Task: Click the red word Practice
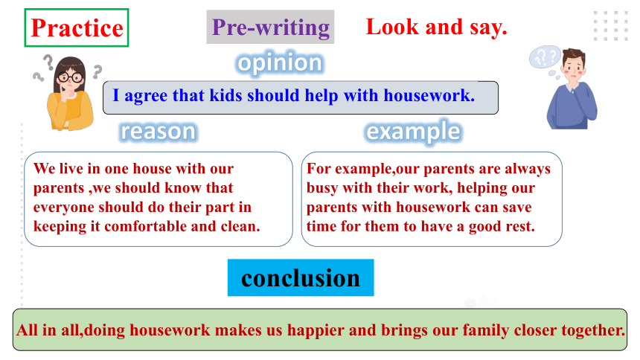[x=77, y=28]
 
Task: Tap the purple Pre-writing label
[x=271, y=28]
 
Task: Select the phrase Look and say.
[x=436, y=27]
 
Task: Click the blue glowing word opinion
[x=280, y=63]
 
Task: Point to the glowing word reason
[x=158, y=132]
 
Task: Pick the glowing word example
[x=413, y=132]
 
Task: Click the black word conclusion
[x=301, y=278]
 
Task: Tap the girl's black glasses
[x=70, y=77]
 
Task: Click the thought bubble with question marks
[x=545, y=57]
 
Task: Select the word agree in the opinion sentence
[x=146, y=96]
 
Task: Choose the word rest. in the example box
[x=521, y=227]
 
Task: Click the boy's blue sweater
[x=571, y=107]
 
